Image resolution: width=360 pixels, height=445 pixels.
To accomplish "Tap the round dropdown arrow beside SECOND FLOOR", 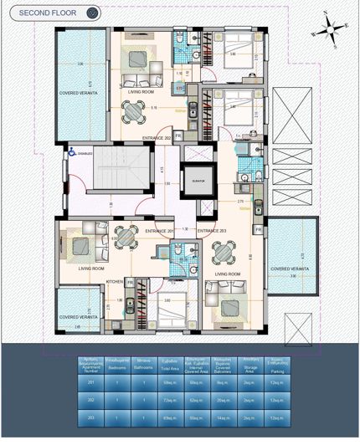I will tap(93, 13).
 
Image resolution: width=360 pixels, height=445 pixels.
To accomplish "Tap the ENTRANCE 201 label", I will tap(159, 231).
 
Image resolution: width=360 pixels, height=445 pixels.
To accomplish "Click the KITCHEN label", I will tap(115, 282).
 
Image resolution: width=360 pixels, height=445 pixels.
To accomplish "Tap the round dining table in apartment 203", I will tap(223, 251).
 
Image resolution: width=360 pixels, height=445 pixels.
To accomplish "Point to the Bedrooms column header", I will tap(117, 364).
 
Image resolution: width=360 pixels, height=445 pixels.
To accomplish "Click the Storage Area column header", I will tap(249, 364).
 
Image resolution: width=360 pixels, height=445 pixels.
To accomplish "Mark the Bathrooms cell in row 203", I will tap(142, 416).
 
